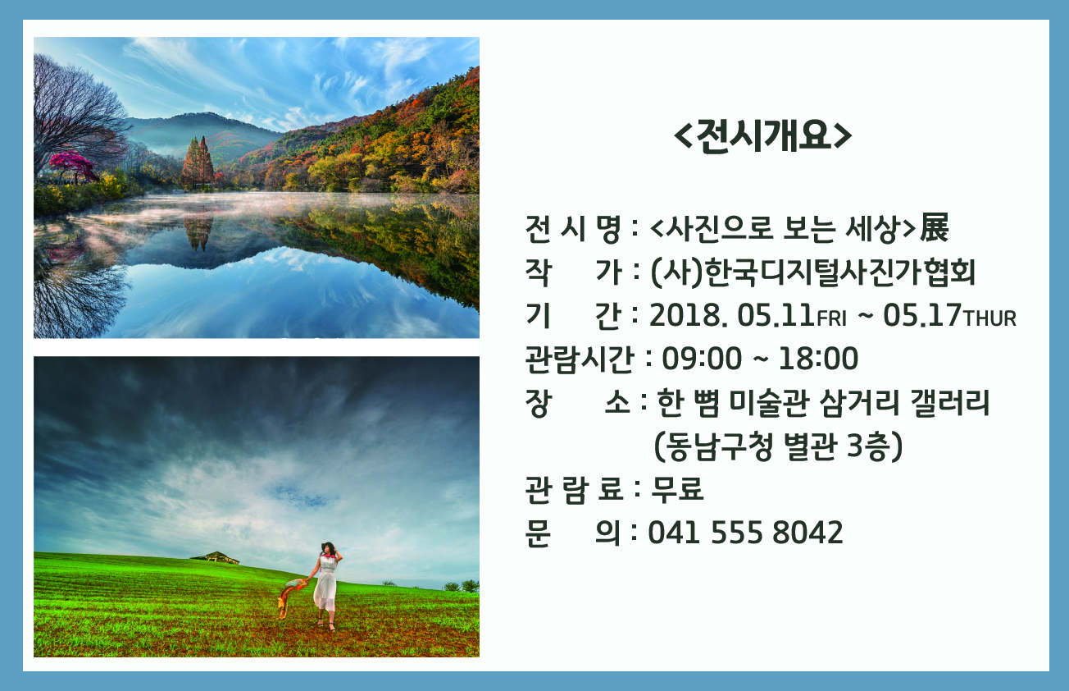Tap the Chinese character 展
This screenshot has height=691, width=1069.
(934, 227)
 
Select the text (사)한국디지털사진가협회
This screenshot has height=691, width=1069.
(812, 272)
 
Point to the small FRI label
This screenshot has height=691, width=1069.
(831, 318)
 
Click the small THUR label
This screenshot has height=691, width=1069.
(989, 318)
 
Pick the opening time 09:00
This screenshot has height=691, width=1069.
(702, 359)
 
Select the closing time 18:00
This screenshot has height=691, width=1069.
(818, 359)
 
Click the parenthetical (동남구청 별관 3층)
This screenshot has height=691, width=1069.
(778, 446)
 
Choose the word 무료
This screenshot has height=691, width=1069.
(677, 489)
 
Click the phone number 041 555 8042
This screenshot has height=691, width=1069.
(745, 533)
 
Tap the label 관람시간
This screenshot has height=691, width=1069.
(580, 359)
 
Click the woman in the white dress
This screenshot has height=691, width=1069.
(326, 585)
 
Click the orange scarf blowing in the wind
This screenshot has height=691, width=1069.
(292, 597)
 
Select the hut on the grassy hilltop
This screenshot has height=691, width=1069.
(216, 557)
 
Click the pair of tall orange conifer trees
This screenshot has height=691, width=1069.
(198, 162)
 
